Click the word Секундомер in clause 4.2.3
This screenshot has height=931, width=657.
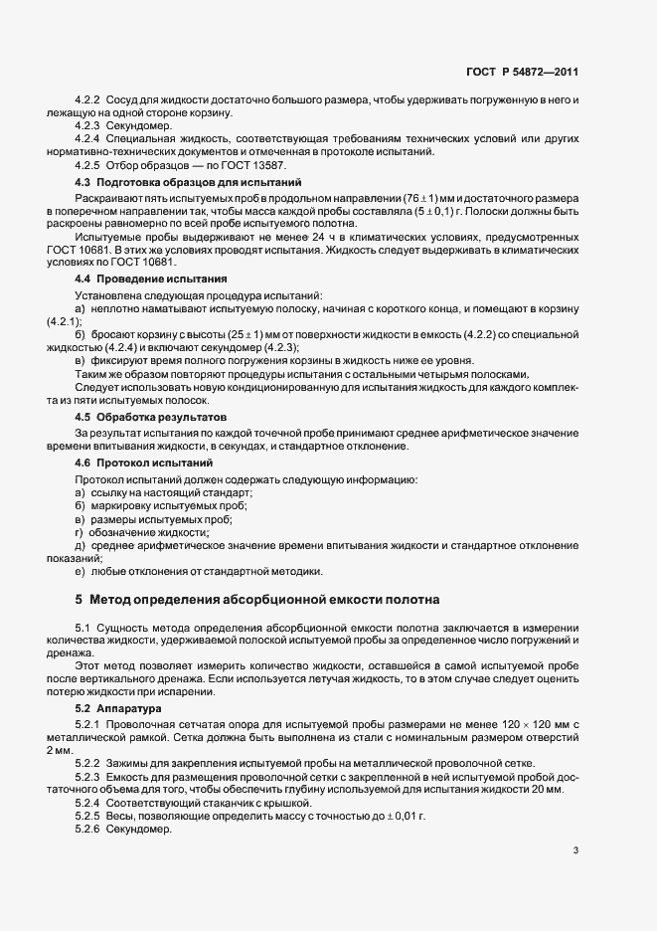(139, 127)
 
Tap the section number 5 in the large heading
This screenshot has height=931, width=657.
(80, 600)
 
